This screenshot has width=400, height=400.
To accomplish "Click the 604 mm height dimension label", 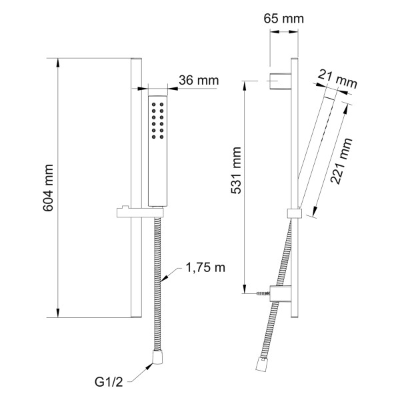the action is pos(48,188).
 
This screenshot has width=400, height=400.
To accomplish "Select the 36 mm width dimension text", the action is pos(199,80).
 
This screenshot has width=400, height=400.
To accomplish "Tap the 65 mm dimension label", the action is pos(284,19).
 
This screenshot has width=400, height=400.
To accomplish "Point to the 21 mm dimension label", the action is pos(337,79).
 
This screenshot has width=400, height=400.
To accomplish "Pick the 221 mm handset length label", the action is pos(341,161).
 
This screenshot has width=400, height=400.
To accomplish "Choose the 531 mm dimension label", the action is pos(236,171).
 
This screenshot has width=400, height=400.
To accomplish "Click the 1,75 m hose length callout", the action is pos(205,268).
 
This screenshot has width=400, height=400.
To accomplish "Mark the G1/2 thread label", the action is pos(109,382).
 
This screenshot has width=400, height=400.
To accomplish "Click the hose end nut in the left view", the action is pos(157,357).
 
